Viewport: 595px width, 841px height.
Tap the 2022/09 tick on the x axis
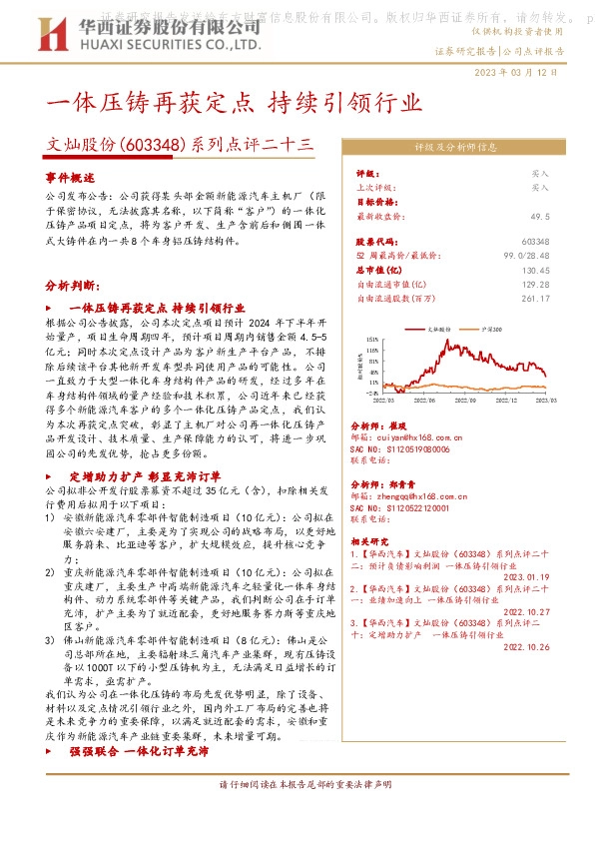pyautogui.click(x=462, y=399)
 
